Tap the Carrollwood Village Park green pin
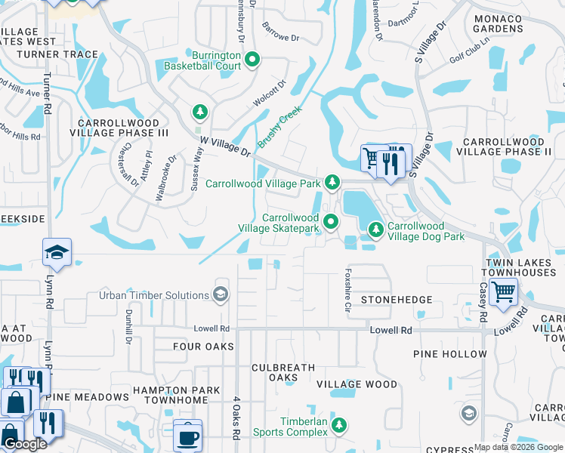point(331,183)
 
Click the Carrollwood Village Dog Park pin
point(375,229)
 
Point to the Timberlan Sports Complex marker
point(340,426)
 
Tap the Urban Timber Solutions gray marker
point(221,294)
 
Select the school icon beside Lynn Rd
point(57,254)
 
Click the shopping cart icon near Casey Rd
point(503,291)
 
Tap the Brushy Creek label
point(279,126)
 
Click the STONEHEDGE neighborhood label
point(397,300)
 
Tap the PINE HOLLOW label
point(449,354)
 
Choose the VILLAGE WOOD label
point(357,384)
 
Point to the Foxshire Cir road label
point(348,286)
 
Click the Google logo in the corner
point(24,444)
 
